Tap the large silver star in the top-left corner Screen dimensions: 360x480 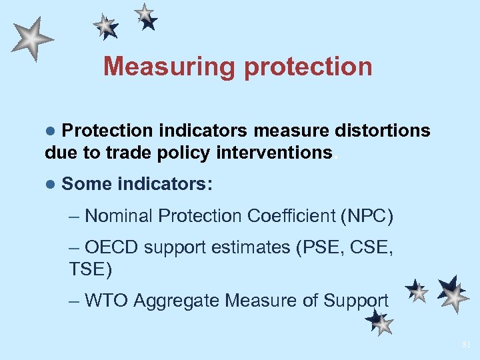[x=31, y=39]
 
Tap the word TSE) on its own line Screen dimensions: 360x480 [x=91, y=269]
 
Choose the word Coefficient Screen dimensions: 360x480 [x=289, y=216]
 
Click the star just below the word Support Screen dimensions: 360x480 [x=379, y=323]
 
